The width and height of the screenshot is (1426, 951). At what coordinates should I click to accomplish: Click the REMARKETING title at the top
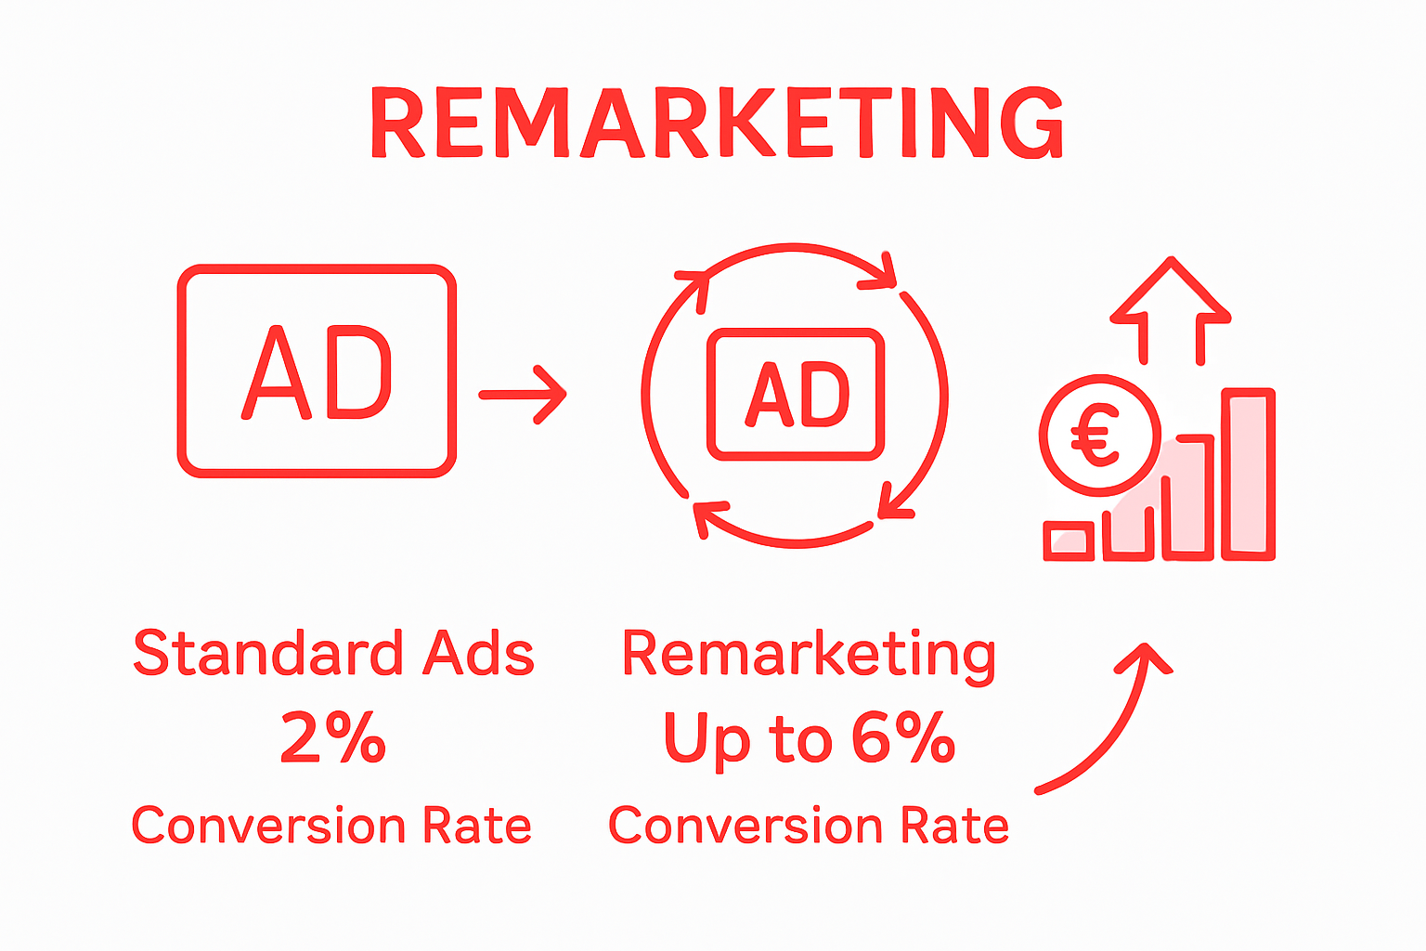(x=717, y=123)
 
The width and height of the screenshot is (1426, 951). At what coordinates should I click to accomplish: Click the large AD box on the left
(x=317, y=371)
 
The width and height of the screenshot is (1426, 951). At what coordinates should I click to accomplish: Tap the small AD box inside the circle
(x=796, y=394)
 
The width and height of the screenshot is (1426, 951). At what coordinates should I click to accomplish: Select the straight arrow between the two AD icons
(x=523, y=395)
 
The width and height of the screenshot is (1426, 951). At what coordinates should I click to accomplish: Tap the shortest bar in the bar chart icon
(x=1069, y=541)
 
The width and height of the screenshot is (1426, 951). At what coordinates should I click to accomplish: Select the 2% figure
(x=333, y=738)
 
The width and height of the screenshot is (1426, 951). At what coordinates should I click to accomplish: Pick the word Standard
(x=267, y=653)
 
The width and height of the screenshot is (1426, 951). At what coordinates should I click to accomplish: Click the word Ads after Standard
(x=479, y=653)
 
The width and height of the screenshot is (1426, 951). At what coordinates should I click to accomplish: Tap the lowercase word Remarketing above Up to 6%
(x=809, y=655)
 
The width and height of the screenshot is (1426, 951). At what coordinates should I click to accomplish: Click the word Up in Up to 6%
(x=707, y=741)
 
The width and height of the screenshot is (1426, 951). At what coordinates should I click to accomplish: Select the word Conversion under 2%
(x=268, y=826)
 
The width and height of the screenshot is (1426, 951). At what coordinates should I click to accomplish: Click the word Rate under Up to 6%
(x=955, y=826)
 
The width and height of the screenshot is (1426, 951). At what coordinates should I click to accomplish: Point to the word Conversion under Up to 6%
(x=745, y=826)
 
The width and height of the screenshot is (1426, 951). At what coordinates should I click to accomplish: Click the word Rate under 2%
(x=477, y=826)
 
